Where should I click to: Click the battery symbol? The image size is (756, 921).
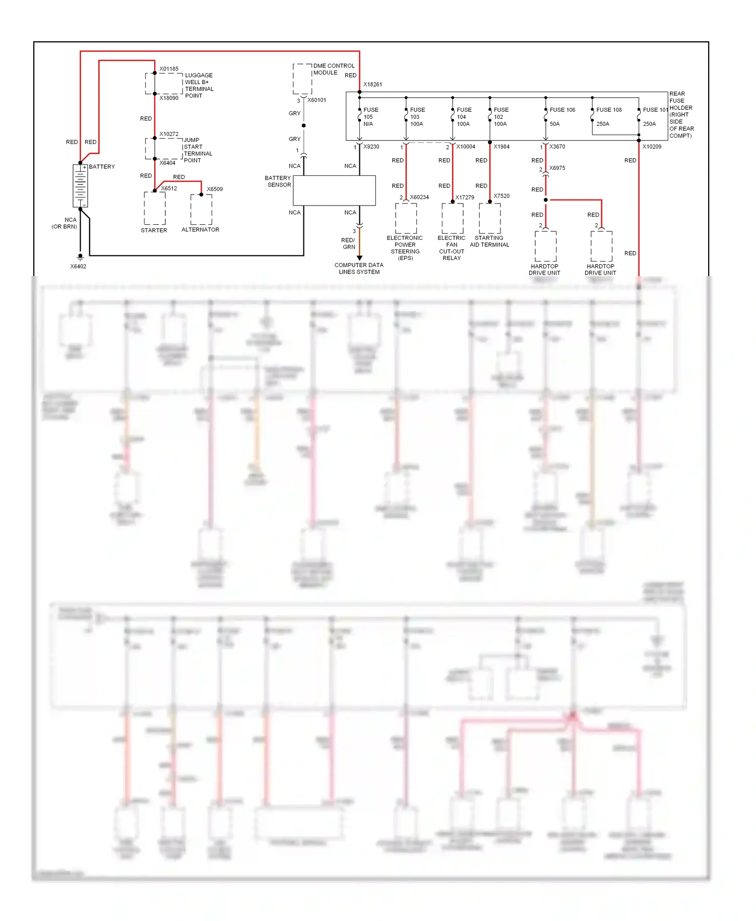pyautogui.click(x=80, y=185)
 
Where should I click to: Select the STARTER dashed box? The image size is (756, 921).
pyautogui.click(x=154, y=208)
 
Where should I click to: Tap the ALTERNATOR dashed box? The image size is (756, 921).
pyautogui.click(x=201, y=209)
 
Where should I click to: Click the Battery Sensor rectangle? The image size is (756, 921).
pyautogui.click(x=334, y=190)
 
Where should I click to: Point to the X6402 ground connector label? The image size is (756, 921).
pyautogui.click(x=78, y=267)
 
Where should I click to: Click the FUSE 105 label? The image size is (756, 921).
pyautogui.click(x=370, y=110)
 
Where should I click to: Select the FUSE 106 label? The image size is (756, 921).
pyautogui.click(x=562, y=110)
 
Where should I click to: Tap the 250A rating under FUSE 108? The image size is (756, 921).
pyautogui.click(x=603, y=124)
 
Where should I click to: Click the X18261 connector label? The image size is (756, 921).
pyautogui.click(x=372, y=85)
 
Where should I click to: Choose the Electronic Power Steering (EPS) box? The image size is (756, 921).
pyautogui.click(x=406, y=219)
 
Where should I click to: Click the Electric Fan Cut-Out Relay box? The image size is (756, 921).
pyautogui.click(x=452, y=219)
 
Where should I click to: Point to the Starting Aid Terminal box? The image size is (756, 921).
pyautogui.click(x=489, y=219)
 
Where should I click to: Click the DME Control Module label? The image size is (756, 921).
pyautogui.click(x=333, y=69)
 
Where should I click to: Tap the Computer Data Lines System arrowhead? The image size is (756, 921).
pyautogui.click(x=359, y=258)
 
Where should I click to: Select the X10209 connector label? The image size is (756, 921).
pyautogui.click(x=652, y=147)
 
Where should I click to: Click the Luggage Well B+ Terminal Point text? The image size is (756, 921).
pyautogui.click(x=199, y=85)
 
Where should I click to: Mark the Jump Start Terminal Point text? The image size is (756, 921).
pyautogui.click(x=198, y=150)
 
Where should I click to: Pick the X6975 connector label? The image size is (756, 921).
pyautogui.click(x=557, y=168)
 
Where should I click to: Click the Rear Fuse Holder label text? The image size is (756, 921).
pyautogui.click(x=681, y=114)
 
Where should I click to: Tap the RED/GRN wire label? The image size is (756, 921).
pyautogui.click(x=348, y=243)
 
